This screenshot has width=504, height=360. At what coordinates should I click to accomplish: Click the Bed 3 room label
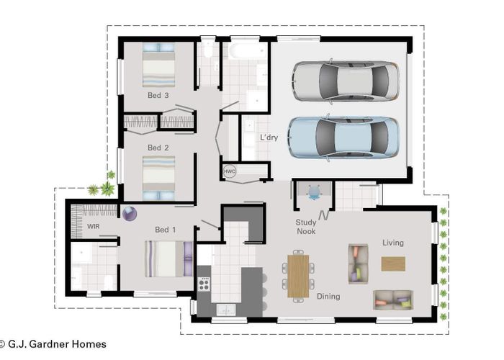point(158,95)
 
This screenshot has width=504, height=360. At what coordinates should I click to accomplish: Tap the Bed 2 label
point(158,148)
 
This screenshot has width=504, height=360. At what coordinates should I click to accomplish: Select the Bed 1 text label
point(166,230)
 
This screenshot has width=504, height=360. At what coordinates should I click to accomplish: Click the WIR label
point(93,226)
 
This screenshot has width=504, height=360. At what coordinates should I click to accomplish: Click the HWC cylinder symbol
point(230,171)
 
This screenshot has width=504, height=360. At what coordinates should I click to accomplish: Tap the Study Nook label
point(307,227)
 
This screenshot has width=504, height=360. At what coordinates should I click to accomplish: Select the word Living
point(392,243)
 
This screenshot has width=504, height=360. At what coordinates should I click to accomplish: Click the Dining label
point(328,296)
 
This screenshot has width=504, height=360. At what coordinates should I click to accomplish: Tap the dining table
point(298,275)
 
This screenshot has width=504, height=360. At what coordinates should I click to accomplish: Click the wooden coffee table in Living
point(393,264)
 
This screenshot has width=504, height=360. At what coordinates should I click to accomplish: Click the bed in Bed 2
point(158,178)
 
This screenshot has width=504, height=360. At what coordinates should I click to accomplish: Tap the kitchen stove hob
point(203,282)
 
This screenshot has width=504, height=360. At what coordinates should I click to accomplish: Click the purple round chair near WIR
point(130,213)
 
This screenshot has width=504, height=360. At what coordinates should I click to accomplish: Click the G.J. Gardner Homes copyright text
point(54,344)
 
